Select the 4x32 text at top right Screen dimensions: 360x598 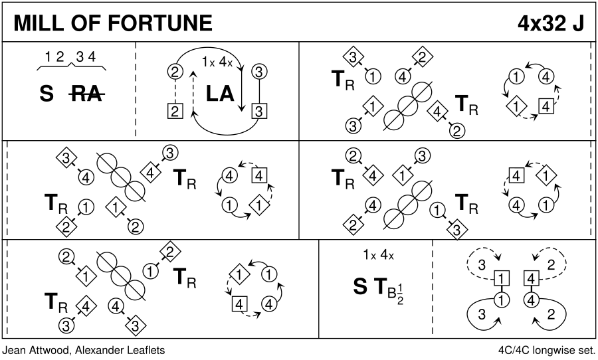[542, 23]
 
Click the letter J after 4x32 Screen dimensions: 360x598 [579, 23]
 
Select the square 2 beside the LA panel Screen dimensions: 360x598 [175, 111]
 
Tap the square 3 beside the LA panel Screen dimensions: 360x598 [259, 111]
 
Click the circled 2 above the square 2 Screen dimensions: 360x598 [175, 71]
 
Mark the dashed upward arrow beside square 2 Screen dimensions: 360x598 [193, 90]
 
